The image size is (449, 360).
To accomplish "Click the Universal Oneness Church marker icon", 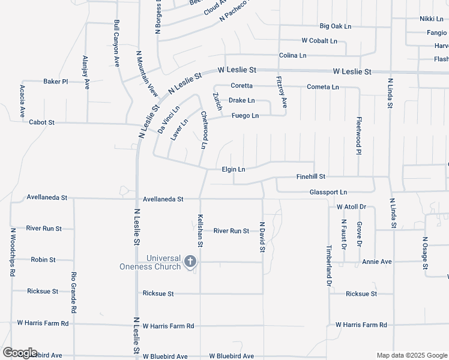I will tap(190, 261).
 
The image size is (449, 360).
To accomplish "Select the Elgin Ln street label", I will tap(234, 170).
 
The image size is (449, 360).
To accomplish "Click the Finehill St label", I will tap(311, 177).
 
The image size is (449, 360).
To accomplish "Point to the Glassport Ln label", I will tap(328, 192).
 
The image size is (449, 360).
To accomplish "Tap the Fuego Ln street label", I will tap(245, 116).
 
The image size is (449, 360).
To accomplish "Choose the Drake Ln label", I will tap(241, 101).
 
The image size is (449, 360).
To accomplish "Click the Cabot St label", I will tap(42, 122).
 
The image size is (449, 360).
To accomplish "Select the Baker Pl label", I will tap(56, 81).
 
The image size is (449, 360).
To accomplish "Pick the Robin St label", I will tap(43, 260).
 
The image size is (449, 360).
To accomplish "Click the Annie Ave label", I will tap(377, 262).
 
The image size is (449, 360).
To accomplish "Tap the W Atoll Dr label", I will tap(351, 206).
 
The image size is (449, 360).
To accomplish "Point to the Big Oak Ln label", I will tap(336, 26).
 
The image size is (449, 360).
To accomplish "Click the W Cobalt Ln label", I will tap(319, 41).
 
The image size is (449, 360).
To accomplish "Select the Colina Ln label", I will tap(292, 55).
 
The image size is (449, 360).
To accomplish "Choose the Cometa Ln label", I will tap(323, 87).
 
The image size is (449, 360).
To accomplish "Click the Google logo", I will tap(20, 353).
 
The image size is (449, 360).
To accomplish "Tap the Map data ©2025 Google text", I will tap(411, 355).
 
